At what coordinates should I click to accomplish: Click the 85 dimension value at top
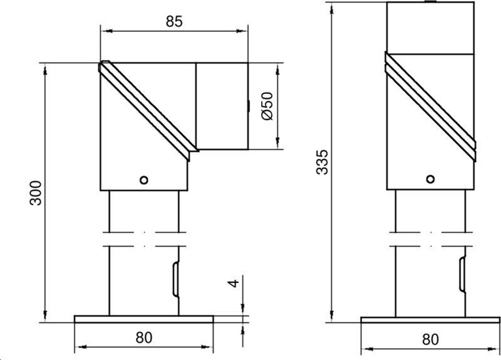pyautogui.click(x=173, y=21)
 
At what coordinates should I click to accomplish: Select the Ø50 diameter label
pyautogui.click(x=266, y=106)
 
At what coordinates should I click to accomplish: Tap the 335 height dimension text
pyautogui.click(x=322, y=162)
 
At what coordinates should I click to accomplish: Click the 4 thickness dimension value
pyautogui.click(x=233, y=283)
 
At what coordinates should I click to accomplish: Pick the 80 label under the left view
pyautogui.click(x=144, y=337)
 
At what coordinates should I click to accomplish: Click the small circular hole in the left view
pyautogui.click(x=144, y=180)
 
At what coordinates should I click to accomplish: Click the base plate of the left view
pyautogui.click(x=144, y=319)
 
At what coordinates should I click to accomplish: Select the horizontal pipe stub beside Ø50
pyautogui.click(x=222, y=106)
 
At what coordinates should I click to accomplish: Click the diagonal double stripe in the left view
pyautogui.click(x=148, y=108)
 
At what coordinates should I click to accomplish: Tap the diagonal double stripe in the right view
pyautogui.click(x=430, y=103)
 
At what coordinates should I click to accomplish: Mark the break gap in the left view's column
pyautogui.click(x=144, y=237)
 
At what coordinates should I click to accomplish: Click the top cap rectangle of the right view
pyautogui.click(x=430, y=28)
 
